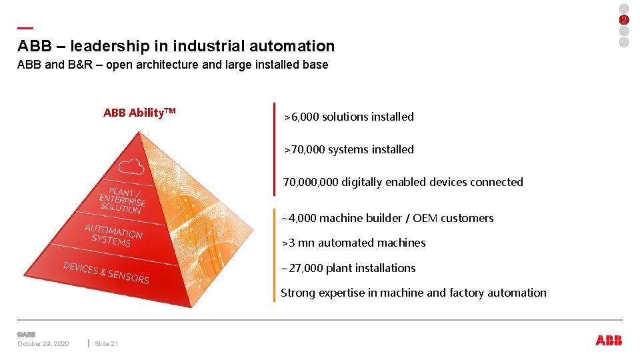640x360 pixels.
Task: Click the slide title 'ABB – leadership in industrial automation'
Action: click(x=176, y=46)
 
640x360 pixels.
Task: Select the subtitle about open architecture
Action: click(x=173, y=65)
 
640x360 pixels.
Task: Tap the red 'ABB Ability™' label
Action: click(x=139, y=113)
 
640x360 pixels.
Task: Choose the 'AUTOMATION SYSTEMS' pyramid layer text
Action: click(x=113, y=235)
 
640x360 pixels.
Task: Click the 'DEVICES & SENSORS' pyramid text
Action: click(x=106, y=272)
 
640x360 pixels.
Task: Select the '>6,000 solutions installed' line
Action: click(x=349, y=117)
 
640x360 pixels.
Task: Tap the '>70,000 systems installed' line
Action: click(x=349, y=149)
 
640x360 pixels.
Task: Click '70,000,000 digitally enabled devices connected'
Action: click(x=403, y=182)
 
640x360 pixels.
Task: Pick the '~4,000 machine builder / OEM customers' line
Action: click(x=387, y=218)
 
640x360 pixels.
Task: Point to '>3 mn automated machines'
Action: click(x=353, y=243)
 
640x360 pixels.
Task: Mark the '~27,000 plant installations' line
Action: click(x=348, y=268)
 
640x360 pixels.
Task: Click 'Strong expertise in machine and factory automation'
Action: click(x=413, y=293)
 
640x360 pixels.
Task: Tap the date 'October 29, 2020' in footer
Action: click(x=43, y=344)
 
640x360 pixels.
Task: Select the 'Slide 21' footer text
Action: click(x=106, y=344)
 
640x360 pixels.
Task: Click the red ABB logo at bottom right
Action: click(x=609, y=340)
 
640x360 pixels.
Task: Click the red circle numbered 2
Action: click(x=624, y=20)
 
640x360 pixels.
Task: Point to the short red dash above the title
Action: click(x=25, y=28)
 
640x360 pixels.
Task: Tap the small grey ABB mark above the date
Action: click(x=26, y=335)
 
